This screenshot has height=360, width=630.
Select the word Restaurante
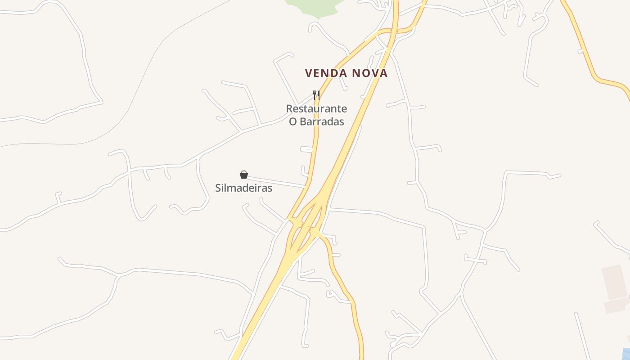pyautogui.click(x=316, y=108)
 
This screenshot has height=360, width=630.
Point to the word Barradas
pyautogui.click(x=322, y=121)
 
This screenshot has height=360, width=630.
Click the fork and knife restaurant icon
pyautogui.click(x=316, y=95)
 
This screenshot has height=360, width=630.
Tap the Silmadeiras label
pyautogui.click(x=243, y=188)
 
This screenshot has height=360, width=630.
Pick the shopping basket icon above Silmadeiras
pyautogui.click(x=243, y=175)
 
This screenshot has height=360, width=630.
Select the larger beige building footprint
pyautogui.click(x=615, y=282)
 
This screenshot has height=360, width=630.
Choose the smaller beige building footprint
pyautogui.click(x=616, y=306)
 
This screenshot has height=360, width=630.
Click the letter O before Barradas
pyautogui.click(x=293, y=121)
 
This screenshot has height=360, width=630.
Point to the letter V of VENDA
pyautogui.click(x=309, y=73)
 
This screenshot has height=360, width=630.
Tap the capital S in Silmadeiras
pyautogui.click(x=218, y=188)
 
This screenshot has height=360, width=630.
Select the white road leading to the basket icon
pyautogui.click(x=274, y=182)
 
